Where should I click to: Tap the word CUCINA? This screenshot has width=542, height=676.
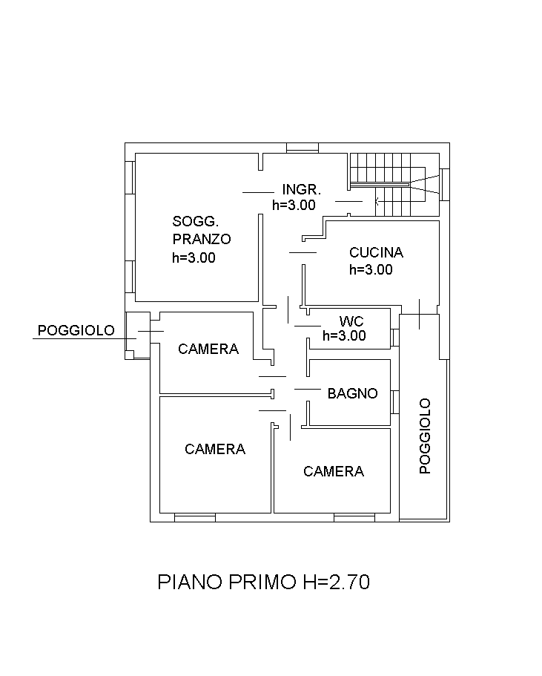point(376,252)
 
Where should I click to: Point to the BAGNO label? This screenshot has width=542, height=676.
point(353,393)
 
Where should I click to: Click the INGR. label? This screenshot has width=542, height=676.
point(301,189)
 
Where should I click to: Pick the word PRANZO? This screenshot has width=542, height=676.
point(202,239)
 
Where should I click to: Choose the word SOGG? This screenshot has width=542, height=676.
point(195,220)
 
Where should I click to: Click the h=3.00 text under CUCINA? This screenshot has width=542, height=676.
point(371,270)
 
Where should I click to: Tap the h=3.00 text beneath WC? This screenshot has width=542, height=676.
point(344,335)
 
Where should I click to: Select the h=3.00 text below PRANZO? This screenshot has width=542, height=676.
point(194,258)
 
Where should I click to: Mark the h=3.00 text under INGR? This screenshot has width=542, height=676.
point(294,205)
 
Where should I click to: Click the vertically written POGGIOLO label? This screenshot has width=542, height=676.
point(425,436)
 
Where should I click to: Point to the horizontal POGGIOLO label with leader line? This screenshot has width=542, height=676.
point(76,330)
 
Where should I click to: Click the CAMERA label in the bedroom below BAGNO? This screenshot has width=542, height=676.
point(334,471)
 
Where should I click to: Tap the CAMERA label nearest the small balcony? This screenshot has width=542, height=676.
point(208,349)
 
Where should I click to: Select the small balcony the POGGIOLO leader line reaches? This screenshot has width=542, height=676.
point(137,335)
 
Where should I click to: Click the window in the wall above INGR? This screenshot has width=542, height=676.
point(303,147)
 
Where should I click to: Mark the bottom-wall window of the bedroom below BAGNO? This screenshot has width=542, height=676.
point(354,517)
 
